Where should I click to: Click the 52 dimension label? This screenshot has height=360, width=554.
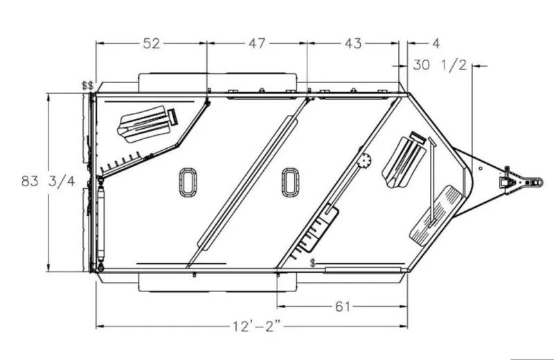pyautogui.click(x=152, y=44)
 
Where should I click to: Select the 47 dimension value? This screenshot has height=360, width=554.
pyautogui.click(x=257, y=44)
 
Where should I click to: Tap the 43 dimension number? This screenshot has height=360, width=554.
pyautogui.click(x=353, y=44)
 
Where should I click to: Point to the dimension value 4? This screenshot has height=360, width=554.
pyautogui.click(x=436, y=44)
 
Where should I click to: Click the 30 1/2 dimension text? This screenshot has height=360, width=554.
pyautogui.click(x=440, y=65)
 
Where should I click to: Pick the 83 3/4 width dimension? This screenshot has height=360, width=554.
pyautogui.click(x=48, y=181)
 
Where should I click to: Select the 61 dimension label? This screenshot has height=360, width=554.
pyautogui.click(x=342, y=306)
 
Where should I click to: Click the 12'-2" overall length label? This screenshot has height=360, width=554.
pyautogui.click(x=257, y=326)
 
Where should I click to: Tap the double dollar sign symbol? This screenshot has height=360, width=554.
pyautogui.click(x=88, y=85)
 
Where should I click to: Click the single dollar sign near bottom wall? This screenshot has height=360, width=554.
pyautogui.click(x=313, y=263)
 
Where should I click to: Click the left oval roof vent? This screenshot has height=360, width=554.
pyautogui.click(x=188, y=182)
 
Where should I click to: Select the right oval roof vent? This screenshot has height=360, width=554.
pyautogui.click(x=290, y=182)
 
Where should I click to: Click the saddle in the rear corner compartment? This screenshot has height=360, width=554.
pyautogui.click(x=147, y=124)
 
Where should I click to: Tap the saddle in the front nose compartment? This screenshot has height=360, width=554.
pyautogui.click(x=404, y=160)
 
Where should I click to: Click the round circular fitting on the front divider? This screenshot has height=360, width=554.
pyautogui.click(x=365, y=161)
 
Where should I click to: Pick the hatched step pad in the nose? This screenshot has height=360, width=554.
pyautogui.click(x=436, y=217)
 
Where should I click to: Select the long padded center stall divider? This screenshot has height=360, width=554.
pyautogui.click(x=248, y=183)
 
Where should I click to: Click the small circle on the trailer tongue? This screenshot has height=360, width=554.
pyautogui.click(x=481, y=168)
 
